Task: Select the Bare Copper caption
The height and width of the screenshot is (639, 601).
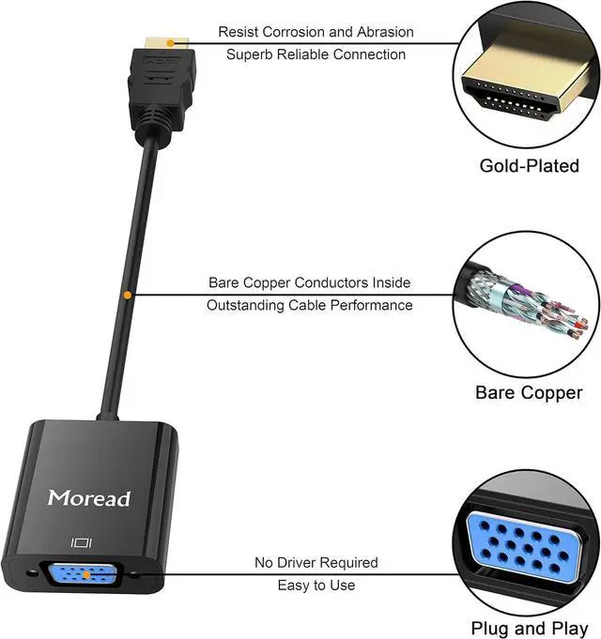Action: [x=528, y=392]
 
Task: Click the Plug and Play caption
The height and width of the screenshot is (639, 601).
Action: [x=529, y=628]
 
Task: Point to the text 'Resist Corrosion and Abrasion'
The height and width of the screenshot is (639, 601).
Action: [x=316, y=32]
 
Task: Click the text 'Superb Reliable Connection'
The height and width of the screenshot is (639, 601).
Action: [x=316, y=54]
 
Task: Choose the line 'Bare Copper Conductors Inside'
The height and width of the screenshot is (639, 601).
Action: [x=309, y=282]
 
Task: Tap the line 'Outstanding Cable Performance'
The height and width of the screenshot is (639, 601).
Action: [x=309, y=305]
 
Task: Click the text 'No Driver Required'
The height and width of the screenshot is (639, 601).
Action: [x=316, y=563]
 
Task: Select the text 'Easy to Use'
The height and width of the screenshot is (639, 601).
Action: [x=316, y=586]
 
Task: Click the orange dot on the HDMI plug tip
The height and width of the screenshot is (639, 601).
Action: [x=167, y=42]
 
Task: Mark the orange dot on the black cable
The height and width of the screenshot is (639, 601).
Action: [x=127, y=296]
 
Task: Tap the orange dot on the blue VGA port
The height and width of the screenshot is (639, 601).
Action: [x=86, y=573]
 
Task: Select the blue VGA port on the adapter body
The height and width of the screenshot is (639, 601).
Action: [x=86, y=573]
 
